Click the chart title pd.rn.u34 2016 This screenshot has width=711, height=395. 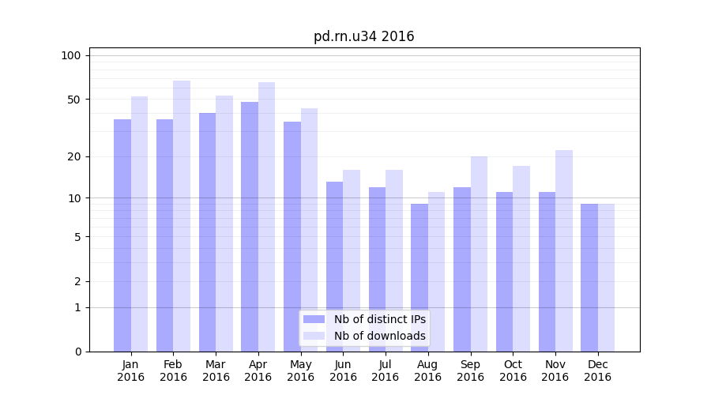363,36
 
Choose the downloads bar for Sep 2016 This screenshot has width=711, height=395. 479,254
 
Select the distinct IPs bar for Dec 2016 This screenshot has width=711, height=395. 589,277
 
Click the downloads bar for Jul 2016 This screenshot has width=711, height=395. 394,261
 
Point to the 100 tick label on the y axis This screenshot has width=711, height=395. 71,55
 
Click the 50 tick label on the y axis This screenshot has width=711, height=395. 73,100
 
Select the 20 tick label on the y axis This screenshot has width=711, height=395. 73,156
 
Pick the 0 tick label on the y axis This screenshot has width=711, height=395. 77,352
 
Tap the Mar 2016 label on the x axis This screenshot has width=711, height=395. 216,371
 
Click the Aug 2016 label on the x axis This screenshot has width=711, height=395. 427,371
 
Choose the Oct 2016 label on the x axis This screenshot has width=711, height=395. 513,371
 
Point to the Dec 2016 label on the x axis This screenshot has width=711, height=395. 597,371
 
